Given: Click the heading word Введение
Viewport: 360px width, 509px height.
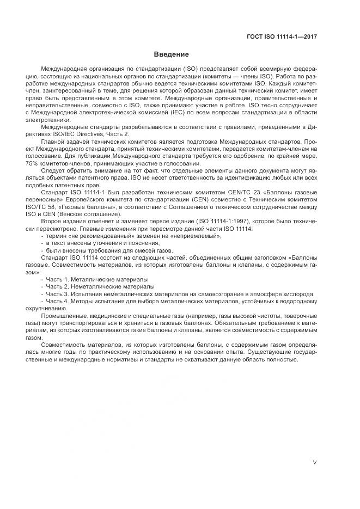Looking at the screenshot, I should coord(171,54).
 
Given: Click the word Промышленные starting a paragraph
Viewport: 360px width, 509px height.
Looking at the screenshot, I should coord(62,316).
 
